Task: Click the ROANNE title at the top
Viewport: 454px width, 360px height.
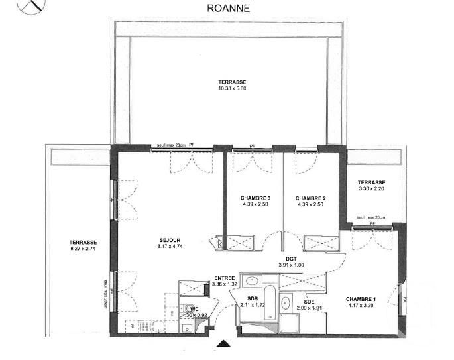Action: pyautogui.click(x=227, y=8)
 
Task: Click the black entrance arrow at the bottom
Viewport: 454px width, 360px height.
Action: pyautogui.click(x=225, y=343)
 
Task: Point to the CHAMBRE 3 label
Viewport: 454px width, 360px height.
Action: pyautogui.click(x=255, y=198)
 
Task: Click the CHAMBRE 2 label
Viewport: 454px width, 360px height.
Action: pyautogui.click(x=311, y=198)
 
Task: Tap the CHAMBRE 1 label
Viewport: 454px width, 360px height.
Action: pyautogui.click(x=361, y=299)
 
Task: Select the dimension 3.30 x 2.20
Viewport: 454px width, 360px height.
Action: pyautogui.click(x=371, y=189)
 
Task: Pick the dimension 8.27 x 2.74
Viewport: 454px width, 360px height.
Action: pyautogui.click(x=83, y=249)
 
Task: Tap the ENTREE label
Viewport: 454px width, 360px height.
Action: pyautogui.click(x=223, y=278)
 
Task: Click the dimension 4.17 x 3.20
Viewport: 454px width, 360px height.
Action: pyautogui.click(x=361, y=306)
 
